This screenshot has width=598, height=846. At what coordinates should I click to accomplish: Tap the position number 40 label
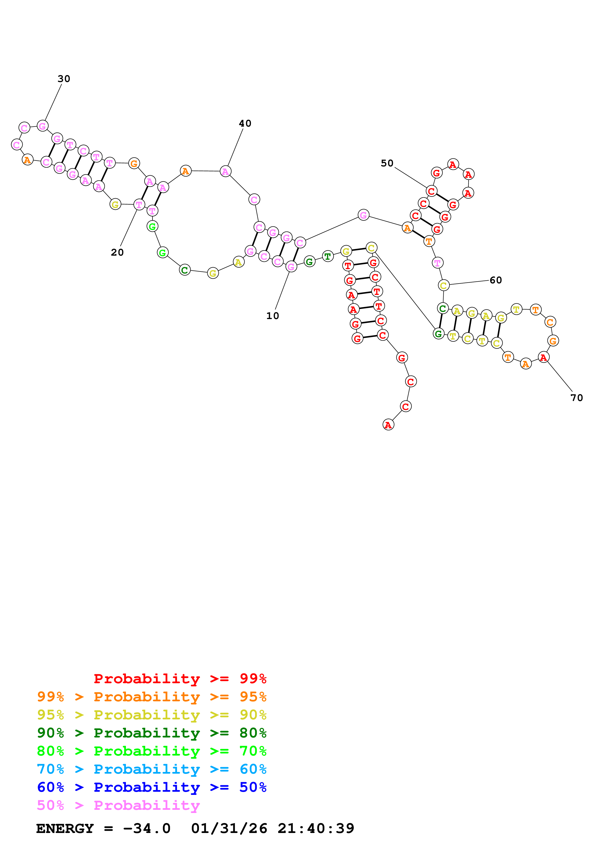tap(245, 123)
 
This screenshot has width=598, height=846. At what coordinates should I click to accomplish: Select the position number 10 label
tap(273, 316)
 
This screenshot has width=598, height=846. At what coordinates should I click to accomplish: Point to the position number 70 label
tap(577, 398)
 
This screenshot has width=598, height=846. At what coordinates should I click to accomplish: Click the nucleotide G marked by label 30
tap(43, 126)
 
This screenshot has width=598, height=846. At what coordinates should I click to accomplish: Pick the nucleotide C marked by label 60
tap(444, 285)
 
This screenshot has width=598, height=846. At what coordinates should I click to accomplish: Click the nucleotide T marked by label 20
tap(139, 205)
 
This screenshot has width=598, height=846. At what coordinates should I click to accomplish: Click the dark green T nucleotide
tap(328, 256)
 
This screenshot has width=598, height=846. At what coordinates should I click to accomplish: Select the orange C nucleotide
tap(550, 322)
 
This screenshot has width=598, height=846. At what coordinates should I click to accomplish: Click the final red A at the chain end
tap(388, 425)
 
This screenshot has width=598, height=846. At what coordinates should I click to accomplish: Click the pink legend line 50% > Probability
tap(118, 805)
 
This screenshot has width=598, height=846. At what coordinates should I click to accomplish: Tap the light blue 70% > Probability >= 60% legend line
tap(152, 769)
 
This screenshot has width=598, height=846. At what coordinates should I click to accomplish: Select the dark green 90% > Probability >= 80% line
tap(152, 733)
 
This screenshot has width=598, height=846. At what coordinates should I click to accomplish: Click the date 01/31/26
tap(229, 829)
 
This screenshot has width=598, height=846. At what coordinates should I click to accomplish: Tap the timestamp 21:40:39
tap(316, 829)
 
